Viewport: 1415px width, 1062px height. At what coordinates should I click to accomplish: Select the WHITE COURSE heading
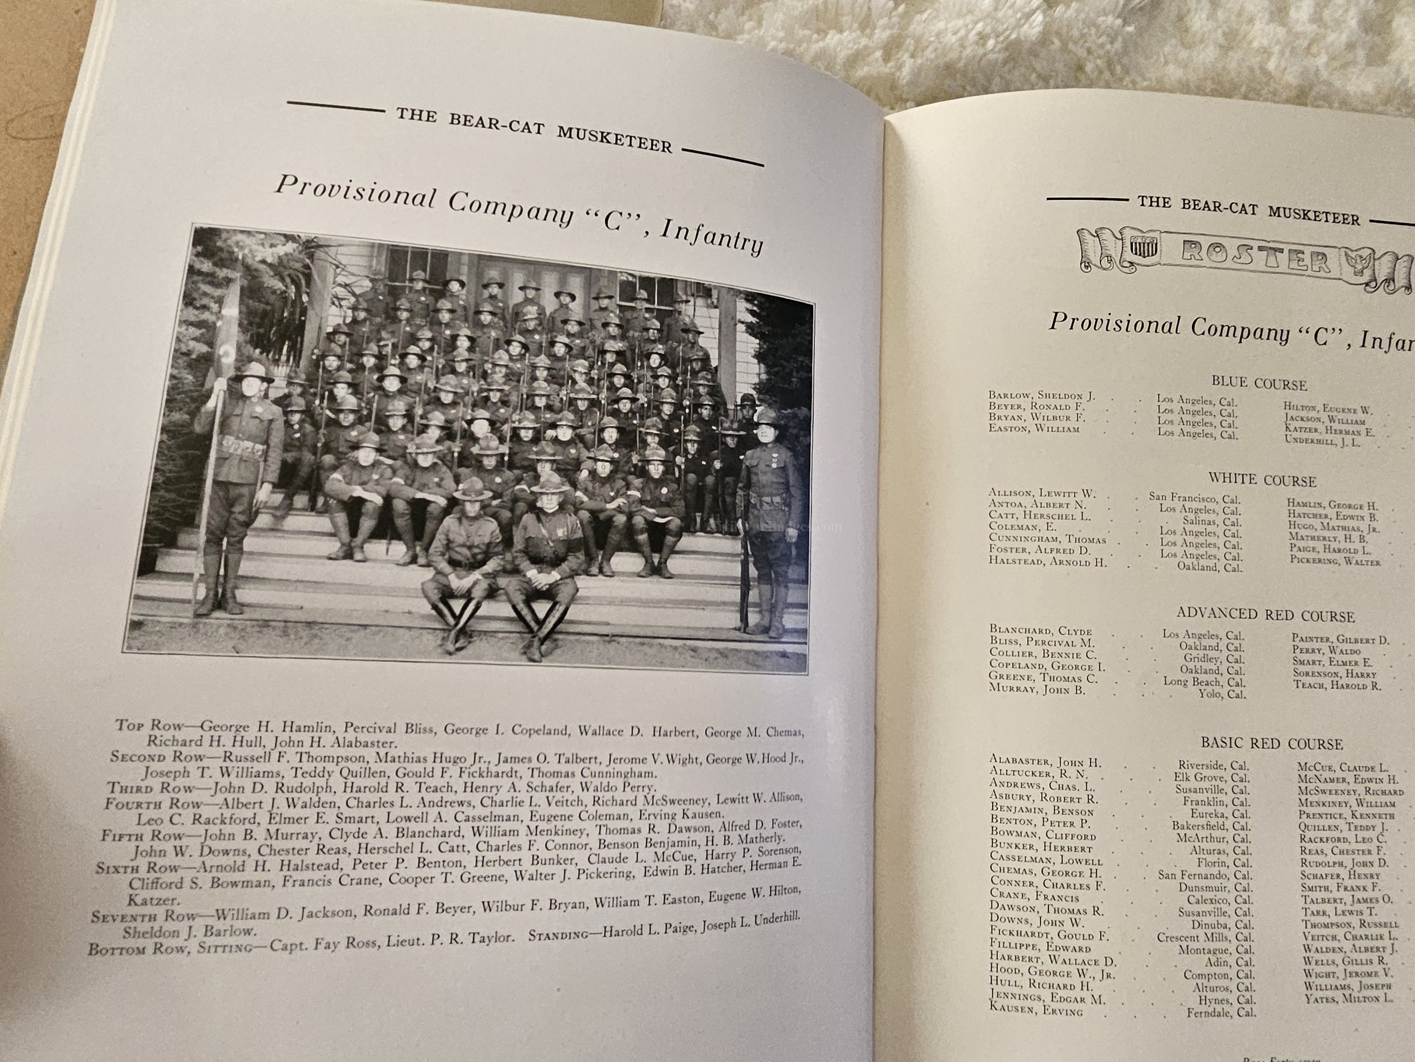click(x=1261, y=480)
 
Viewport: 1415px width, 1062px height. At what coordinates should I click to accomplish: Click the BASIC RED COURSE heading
click(x=1271, y=743)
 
